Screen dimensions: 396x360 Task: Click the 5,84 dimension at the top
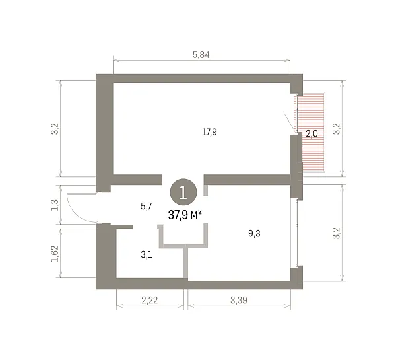(201, 55)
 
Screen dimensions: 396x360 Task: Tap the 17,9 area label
(209, 132)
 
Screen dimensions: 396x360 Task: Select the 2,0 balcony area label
(312, 133)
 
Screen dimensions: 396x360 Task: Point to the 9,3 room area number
(254, 233)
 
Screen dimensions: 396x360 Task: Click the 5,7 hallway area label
(147, 206)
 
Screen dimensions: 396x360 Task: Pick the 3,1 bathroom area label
(147, 254)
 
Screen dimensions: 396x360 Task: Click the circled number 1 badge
(183, 192)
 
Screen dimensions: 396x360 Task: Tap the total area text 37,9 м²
(185, 215)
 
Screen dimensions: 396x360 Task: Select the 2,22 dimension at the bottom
(150, 300)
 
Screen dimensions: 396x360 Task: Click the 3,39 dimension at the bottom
(239, 300)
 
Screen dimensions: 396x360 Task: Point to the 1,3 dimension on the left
(55, 205)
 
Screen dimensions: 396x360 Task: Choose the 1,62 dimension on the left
(55, 254)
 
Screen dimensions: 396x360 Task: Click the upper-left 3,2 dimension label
(55, 129)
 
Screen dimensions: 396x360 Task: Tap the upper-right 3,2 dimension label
(337, 129)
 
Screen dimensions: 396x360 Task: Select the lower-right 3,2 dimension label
(337, 233)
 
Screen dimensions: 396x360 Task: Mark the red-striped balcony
(311, 133)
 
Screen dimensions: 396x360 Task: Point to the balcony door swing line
(289, 122)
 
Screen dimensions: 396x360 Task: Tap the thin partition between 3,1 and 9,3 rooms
(186, 263)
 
